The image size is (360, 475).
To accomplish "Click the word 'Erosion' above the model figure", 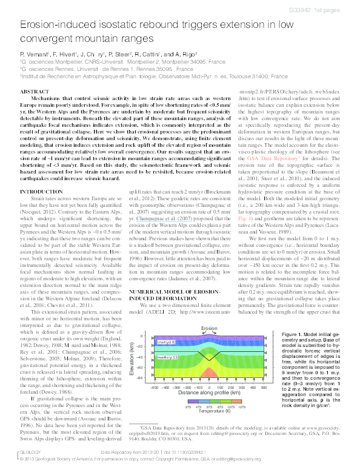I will coord(209,328).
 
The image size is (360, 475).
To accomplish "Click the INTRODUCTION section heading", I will coord(45,174).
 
